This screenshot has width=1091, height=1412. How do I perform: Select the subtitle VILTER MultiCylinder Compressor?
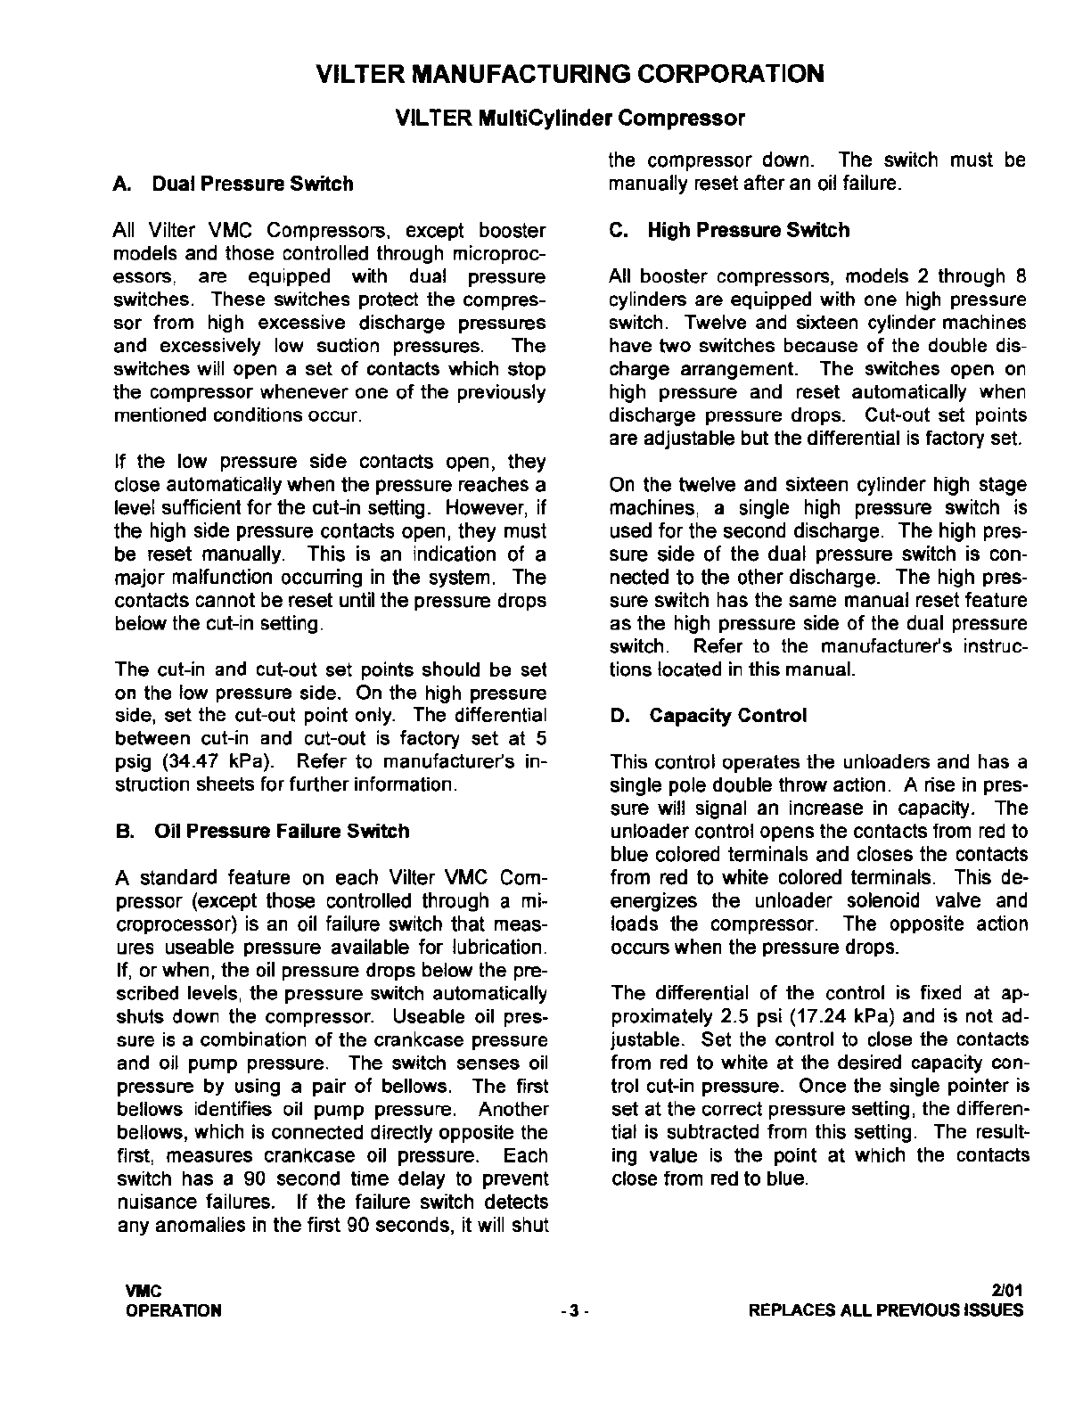[570, 118]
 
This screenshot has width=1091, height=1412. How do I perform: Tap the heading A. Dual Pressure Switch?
[234, 184]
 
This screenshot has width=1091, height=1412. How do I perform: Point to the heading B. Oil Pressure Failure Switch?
[262, 831]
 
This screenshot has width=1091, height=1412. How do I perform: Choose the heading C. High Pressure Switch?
[729, 230]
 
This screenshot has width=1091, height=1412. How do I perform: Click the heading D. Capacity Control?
[709, 715]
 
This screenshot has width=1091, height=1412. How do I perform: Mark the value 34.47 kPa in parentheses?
[213, 762]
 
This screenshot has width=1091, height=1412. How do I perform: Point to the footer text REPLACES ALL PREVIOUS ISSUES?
[886, 1310]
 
